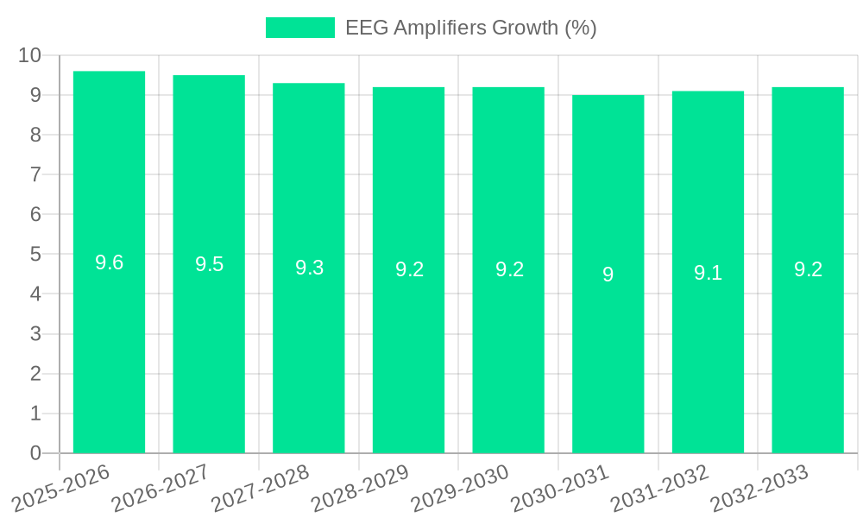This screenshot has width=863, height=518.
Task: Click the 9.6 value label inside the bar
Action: [109, 263]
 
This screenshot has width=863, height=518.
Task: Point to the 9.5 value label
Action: [209, 265]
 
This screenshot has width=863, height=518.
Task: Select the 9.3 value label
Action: [309, 268]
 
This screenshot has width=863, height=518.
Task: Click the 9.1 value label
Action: [708, 273]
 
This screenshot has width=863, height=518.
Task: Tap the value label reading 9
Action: [608, 275]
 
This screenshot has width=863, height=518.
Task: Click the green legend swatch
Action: [299, 28]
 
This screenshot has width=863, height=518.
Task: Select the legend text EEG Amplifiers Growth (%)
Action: [470, 28]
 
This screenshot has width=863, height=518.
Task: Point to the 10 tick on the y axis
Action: [29, 55]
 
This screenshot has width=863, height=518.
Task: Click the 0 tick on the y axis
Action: [35, 453]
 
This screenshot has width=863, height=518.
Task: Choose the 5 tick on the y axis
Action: [35, 255]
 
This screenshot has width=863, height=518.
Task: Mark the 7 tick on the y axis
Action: [35, 174]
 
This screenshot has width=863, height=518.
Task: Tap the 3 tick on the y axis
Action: [35, 334]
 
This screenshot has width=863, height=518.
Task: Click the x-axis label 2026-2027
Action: [161, 487]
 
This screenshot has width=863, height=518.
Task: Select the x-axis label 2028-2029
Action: [360, 487]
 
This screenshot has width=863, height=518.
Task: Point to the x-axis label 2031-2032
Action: [659, 487]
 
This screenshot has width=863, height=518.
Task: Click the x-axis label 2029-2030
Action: [460, 487]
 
